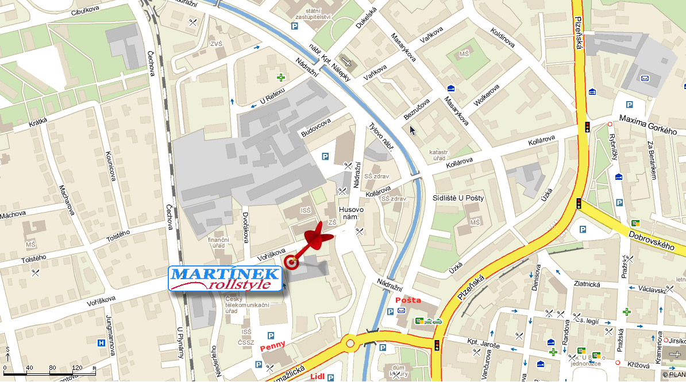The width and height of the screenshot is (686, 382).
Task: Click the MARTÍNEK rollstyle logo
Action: click(x=225, y=279)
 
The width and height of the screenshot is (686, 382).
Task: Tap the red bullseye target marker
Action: click(x=292, y=263)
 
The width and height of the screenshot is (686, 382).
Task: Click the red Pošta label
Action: click(x=407, y=300)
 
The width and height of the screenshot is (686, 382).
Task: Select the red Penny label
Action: click(x=272, y=348)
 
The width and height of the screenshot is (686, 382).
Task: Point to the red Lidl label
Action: click(x=317, y=376)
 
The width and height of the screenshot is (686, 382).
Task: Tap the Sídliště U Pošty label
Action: click(x=458, y=198)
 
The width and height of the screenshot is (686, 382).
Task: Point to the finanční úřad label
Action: click(x=218, y=243)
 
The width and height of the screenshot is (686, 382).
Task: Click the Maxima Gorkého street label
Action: click(x=648, y=124)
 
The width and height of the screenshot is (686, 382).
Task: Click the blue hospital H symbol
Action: click(x=102, y=344)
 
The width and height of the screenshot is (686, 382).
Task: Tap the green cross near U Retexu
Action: click(x=281, y=77)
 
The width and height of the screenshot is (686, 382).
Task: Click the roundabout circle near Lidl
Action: click(x=349, y=344)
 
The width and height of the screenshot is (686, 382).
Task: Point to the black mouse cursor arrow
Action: click(x=412, y=130)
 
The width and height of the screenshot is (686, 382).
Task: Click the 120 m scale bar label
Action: click(x=72, y=368)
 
